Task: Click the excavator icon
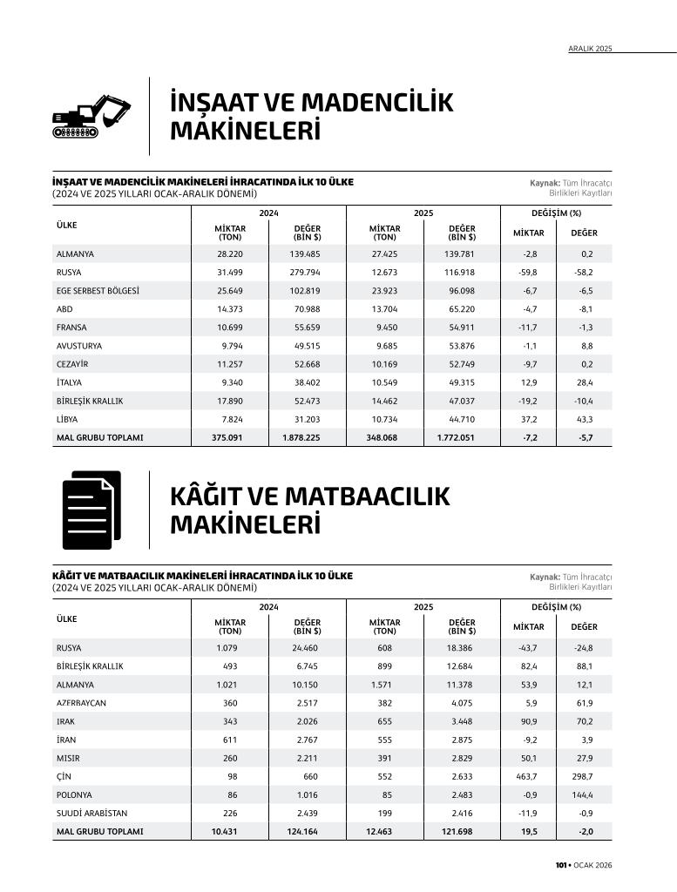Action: pyautogui.click(x=90, y=116)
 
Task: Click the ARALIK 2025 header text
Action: pyautogui.click(x=590, y=49)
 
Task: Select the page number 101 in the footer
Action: pyautogui.click(x=562, y=865)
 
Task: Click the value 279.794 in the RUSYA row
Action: pyautogui.click(x=305, y=273)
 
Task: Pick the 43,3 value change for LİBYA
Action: pyautogui.click(x=584, y=419)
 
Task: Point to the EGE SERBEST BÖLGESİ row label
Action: pyautogui.click(x=98, y=291)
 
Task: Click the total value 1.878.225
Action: pyautogui.click(x=301, y=437)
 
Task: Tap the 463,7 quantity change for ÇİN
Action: pyautogui.click(x=525, y=776)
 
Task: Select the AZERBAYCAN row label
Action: pyautogui.click(x=81, y=703)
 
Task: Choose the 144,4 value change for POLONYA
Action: pyautogui.click(x=581, y=794)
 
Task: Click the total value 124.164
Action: pyautogui.click(x=303, y=831)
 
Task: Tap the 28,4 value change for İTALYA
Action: pyautogui.click(x=584, y=382)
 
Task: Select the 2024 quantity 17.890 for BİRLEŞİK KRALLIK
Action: pyautogui.click(x=230, y=401)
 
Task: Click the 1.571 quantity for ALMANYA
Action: pyautogui.click(x=383, y=685)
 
